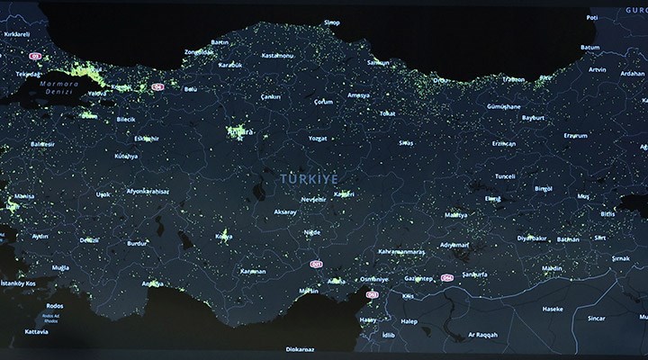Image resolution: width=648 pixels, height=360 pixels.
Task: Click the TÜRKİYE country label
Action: [304, 179]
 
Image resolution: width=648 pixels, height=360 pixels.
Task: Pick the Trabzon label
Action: [515, 79]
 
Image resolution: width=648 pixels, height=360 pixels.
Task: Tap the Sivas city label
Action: [407, 143]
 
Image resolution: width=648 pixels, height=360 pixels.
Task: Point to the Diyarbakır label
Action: [532, 238]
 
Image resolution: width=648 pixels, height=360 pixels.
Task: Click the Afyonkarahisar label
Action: [148, 191]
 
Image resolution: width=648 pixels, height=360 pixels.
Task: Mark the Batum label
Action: [589, 47]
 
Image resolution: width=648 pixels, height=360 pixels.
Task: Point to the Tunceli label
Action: [505, 176]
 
